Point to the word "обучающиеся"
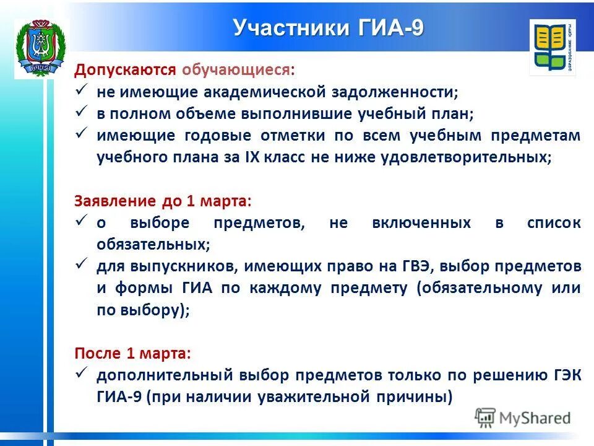(238, 70)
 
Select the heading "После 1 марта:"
(133, 353)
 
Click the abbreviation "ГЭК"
(564, 375)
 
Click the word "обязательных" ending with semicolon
(153, 245)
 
